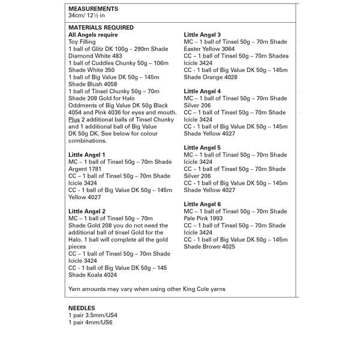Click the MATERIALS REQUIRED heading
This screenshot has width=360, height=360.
(x=101, y=28)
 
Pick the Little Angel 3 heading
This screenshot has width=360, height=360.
(x=202, y=35)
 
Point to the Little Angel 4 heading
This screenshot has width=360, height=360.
(x=202, y=91)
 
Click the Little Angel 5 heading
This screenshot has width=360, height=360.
(x=202, y=148)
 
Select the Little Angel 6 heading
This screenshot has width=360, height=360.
(x=202, y=204)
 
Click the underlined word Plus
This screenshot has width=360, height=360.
(x=74, y=119)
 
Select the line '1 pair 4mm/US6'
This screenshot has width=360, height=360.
(x=91, y=322)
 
